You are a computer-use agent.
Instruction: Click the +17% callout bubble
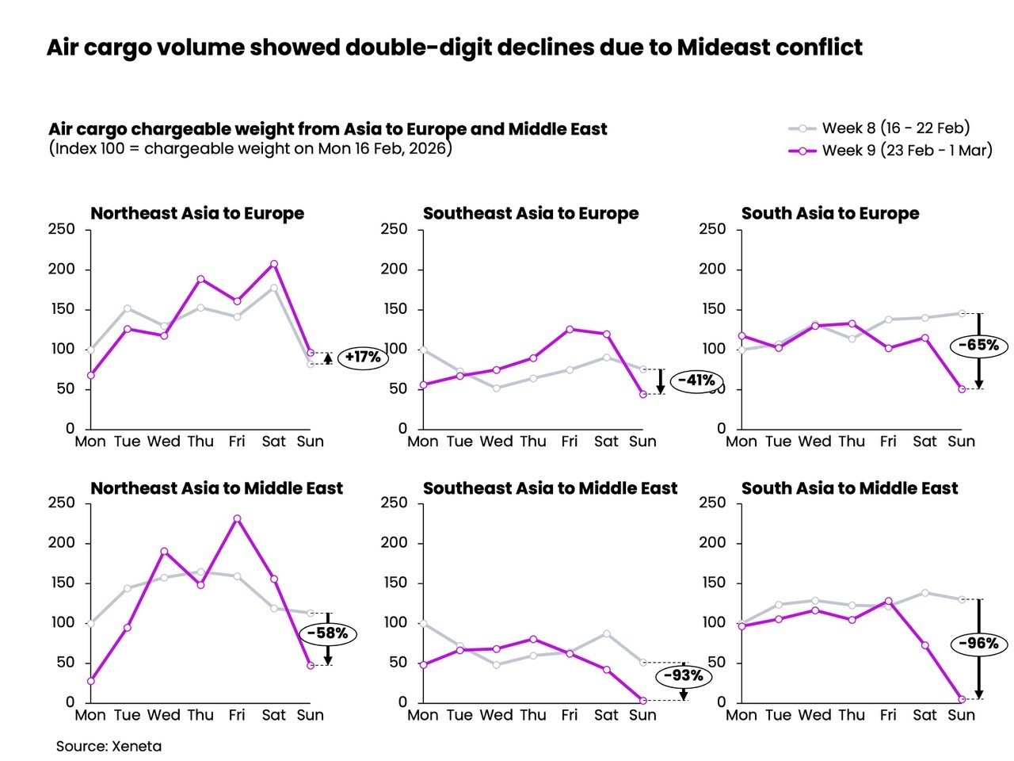point(363,357)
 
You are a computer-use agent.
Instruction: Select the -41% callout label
point(697,380)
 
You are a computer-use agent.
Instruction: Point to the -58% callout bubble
point(327,633)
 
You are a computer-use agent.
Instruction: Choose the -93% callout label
point(683,675)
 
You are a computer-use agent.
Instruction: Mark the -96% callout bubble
point(978,643)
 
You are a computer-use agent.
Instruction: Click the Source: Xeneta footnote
point(109,746)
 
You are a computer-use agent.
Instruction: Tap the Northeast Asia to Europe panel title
point(197,213)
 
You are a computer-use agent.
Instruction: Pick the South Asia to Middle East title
point(849,488)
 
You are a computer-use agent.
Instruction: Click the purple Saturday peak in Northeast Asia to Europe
point(273,264)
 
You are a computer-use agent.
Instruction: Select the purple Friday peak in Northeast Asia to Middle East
point(237,518)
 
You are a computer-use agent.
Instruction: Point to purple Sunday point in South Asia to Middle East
point(962,699)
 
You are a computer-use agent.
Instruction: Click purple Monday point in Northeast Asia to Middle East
point(90,681)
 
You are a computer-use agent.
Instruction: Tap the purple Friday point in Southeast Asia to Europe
point(570,329)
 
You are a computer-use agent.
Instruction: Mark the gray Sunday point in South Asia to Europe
point(962,313)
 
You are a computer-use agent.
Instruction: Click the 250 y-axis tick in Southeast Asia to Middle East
point(394,503)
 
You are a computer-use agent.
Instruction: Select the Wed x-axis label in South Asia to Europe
point(814,442)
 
